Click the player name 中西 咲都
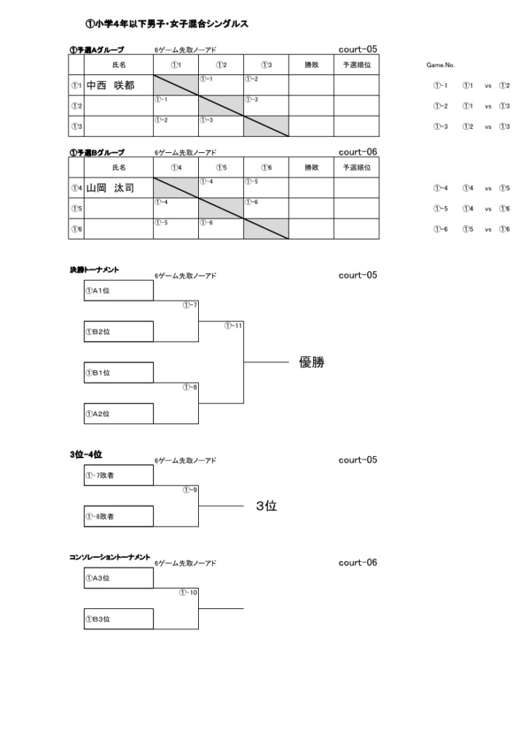coord(111,85)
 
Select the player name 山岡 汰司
coord(111,188)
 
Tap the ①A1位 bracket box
coord(119,290)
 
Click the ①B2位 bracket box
coord(119,331)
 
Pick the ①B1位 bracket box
coord(119,372)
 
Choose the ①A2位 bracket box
coord(119,414)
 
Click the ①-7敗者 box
coord(119,475)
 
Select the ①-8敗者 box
coord(119,517)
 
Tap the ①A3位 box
coord(119,578)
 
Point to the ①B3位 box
coord(119,619)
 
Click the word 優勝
coord(312,363)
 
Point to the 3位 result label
coord(267,506)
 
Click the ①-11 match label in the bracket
coord(233,326)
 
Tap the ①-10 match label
coord(188,593)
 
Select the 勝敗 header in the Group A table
coord(312,65)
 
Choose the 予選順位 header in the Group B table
coord(357,168)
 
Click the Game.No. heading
coord(441,65)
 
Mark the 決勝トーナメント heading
coord(94,270)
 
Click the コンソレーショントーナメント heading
coord(110,557)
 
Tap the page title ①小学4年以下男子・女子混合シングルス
coord(167,24)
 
